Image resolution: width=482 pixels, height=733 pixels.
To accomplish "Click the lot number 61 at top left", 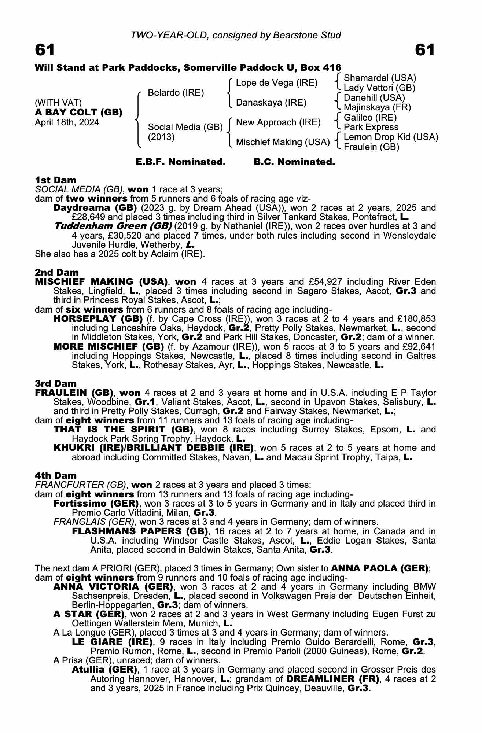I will pyautogui.click(x=45, y=50).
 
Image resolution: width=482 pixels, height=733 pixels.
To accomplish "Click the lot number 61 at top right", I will pyautogui.click(x=425, y=50).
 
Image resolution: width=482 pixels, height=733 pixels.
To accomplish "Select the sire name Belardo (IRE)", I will pyautogui.click(x=176, y=93).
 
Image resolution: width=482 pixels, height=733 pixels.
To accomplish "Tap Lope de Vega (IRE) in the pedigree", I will pyautogui.click(x=276, y=83).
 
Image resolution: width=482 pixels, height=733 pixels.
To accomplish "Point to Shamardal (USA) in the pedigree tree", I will pyautogui.click(x=380, y=78).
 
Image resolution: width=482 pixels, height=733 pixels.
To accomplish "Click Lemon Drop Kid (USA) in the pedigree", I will pyautogui.click(x=391, y=137).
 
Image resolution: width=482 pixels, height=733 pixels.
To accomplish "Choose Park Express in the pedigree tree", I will pyautogui.click(x=371, y=127).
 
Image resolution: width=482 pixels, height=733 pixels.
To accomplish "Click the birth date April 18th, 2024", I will pyautogui.click(x=67, y=122).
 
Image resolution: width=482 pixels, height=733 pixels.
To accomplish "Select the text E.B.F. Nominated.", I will pyautogui.click(x=181, y=162).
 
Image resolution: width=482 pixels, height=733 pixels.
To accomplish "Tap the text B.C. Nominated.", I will pyautogui.click(x=294, y=162).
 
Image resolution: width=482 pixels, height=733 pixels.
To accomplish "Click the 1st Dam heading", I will pyautogui.click(x=55, y=180).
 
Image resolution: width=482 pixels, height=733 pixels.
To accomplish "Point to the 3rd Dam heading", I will pyautogui.click(x=56, y=383).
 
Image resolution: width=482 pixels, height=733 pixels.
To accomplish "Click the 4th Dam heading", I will pyautogui.click(x=56, y=475).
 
